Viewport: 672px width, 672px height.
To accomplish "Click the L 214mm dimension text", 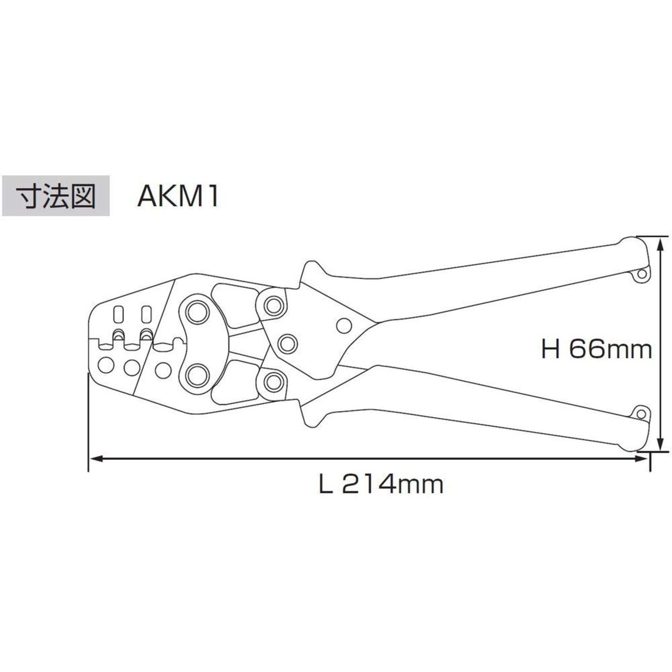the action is tap(381, 484).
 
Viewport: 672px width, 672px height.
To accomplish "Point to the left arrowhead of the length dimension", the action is tap(96, 459).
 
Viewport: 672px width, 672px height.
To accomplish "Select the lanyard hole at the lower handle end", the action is tap(641, 414).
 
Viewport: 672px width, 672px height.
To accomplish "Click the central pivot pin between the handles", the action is tap(288, 343).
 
